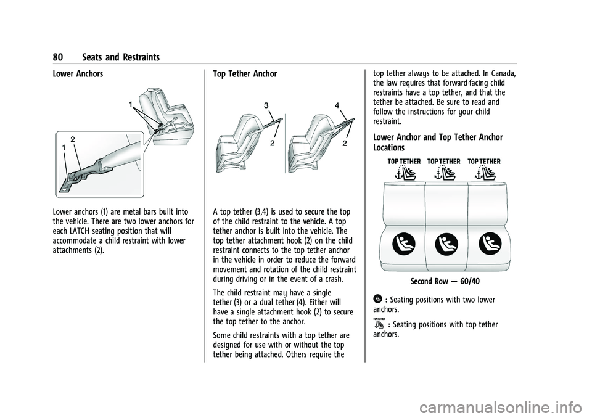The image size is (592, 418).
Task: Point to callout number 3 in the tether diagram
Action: (266, 106)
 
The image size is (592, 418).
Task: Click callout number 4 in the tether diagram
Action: (337, 105)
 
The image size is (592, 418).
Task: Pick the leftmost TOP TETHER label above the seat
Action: (404, 161)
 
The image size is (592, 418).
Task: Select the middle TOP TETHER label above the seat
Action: (444, 161)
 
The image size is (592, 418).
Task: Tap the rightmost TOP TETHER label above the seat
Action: (484, 161)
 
